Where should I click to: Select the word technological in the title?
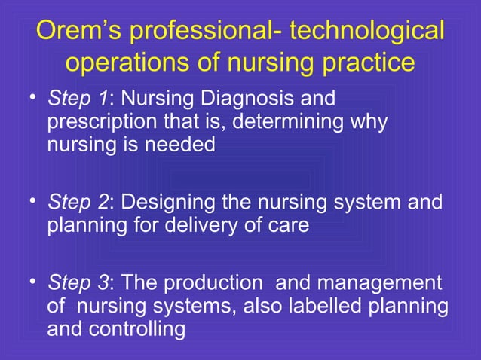click(x=367, y=32)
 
